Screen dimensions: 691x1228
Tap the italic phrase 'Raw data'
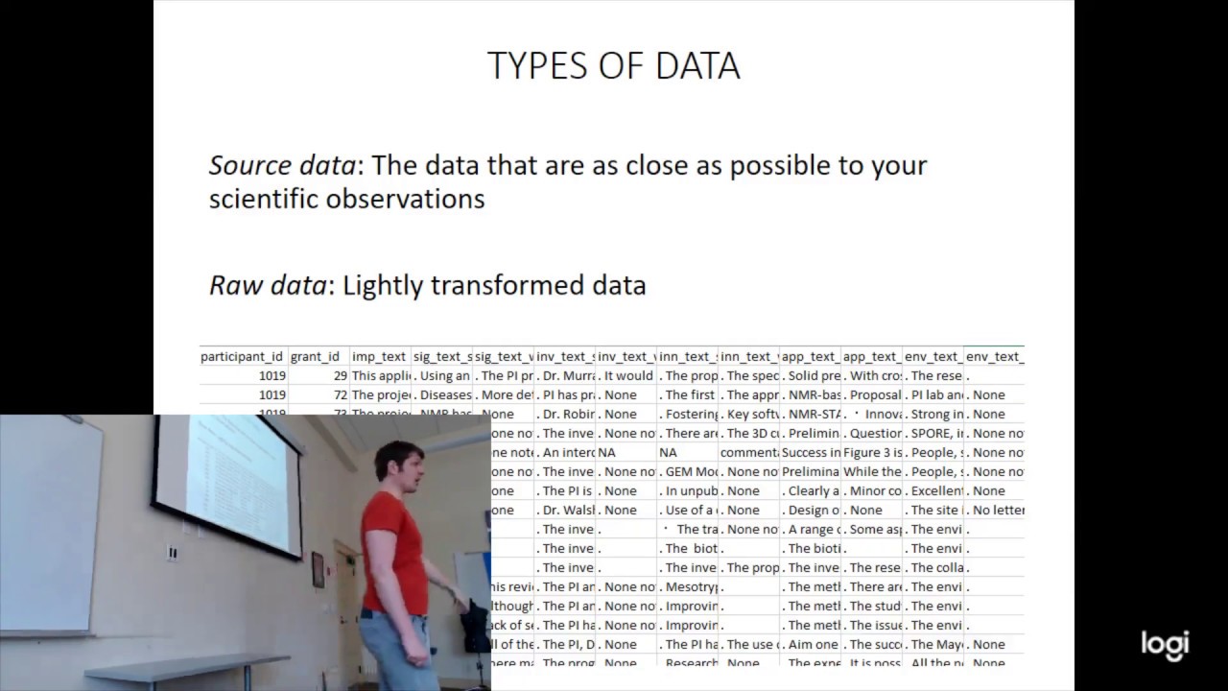267,285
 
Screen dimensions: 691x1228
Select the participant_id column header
242,356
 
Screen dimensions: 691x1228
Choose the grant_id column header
315,356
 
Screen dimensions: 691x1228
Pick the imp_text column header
379,356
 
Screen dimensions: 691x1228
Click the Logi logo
1165,645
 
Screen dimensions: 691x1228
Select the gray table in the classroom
173,668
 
